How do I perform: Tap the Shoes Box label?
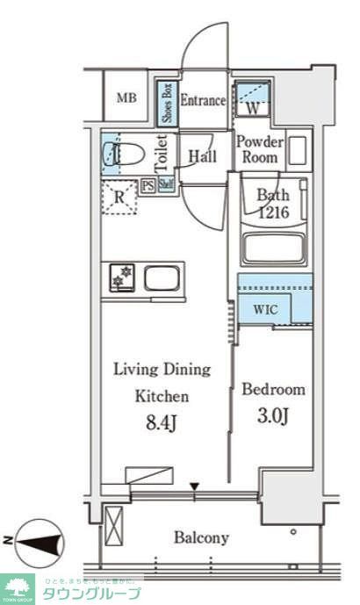coord(165,101)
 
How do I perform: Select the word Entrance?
coord(203,100)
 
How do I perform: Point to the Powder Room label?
coord(260,149)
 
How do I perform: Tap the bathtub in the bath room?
coord(274,249)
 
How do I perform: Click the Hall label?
coord(203,157)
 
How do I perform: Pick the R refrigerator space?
coord(119,198)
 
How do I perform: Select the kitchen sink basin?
coord(163,279)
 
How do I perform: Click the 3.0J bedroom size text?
coord(274,415)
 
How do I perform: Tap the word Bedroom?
coord(274,389)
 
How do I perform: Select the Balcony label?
coord(201,537)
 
